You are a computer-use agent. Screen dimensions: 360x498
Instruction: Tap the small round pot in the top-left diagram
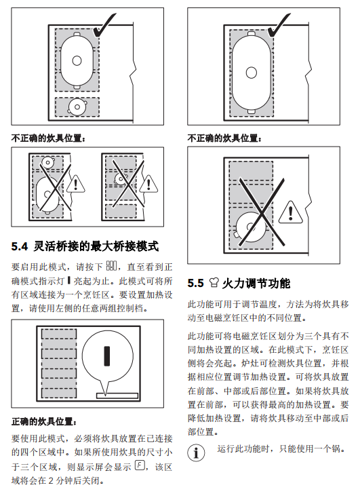coord(77,107)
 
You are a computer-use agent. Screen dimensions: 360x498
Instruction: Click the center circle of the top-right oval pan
coord(251,73)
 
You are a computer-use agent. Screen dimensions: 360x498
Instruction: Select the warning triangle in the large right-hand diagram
coord(290,212)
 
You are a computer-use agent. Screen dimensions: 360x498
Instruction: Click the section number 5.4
coord(20,246)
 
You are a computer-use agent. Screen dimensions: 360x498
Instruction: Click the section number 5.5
coord(195,283)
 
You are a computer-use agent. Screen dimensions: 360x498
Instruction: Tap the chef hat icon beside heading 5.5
coord(214,283)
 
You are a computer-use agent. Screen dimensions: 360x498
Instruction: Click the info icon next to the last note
coord(196,452)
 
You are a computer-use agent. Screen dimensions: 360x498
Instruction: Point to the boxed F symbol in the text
coord(140,465)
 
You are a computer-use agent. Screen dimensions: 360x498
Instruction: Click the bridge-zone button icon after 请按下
coord(111,265)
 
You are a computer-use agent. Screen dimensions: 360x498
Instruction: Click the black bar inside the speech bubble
coord(107,356)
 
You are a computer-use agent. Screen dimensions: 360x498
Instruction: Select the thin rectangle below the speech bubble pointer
coord(117,396)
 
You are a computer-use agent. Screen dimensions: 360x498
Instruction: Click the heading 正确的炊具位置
coord(44,421)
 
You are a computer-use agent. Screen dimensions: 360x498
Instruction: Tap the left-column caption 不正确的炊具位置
coord(48,138)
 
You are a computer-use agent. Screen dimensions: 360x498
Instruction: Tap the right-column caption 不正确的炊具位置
coord(224,138)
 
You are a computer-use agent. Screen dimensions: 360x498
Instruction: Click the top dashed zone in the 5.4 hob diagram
coord(59,334)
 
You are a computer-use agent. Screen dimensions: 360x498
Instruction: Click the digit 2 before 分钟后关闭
coord(51,480)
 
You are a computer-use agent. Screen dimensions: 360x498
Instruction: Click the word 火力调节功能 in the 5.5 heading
coord(256,283)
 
